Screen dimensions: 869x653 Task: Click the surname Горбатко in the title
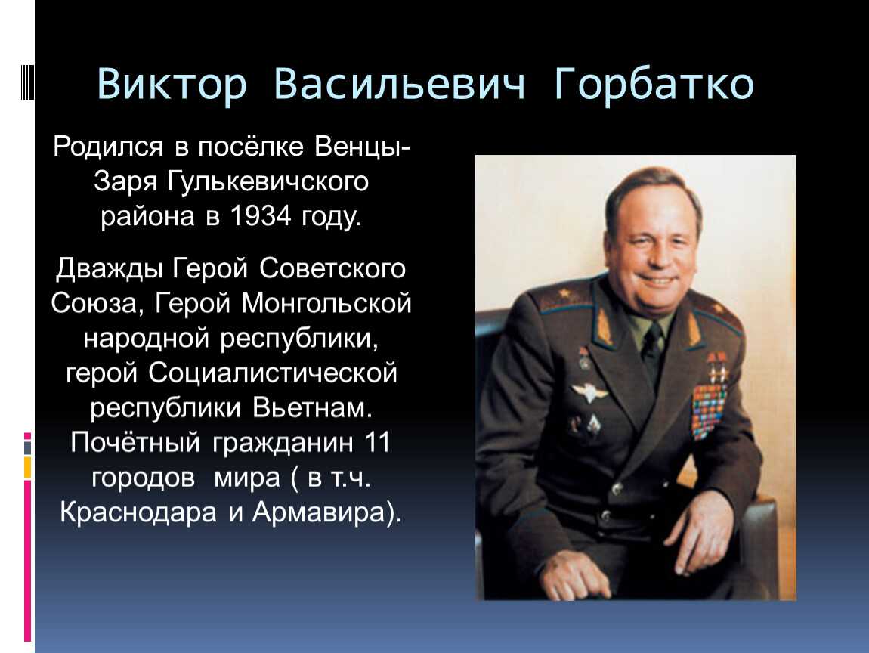point(654,84)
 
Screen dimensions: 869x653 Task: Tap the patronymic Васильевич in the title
point(399,84)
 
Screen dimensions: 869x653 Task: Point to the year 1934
point(260,215)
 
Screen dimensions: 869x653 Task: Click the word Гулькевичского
point(268,182)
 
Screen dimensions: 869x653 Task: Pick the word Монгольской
point(326,303)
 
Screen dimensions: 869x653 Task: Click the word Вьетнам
point(312,407)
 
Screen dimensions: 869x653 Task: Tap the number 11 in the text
point(377,442)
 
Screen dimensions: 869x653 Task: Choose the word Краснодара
point(138,512)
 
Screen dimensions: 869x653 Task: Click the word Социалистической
point(272,373)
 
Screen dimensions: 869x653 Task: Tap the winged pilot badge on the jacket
point(589,392)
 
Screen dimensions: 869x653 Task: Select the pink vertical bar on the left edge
point(27,561)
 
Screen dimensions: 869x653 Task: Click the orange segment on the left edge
point(27,467)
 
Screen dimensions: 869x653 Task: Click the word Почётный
point(135,442)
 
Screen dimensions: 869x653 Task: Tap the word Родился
point(109,147)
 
